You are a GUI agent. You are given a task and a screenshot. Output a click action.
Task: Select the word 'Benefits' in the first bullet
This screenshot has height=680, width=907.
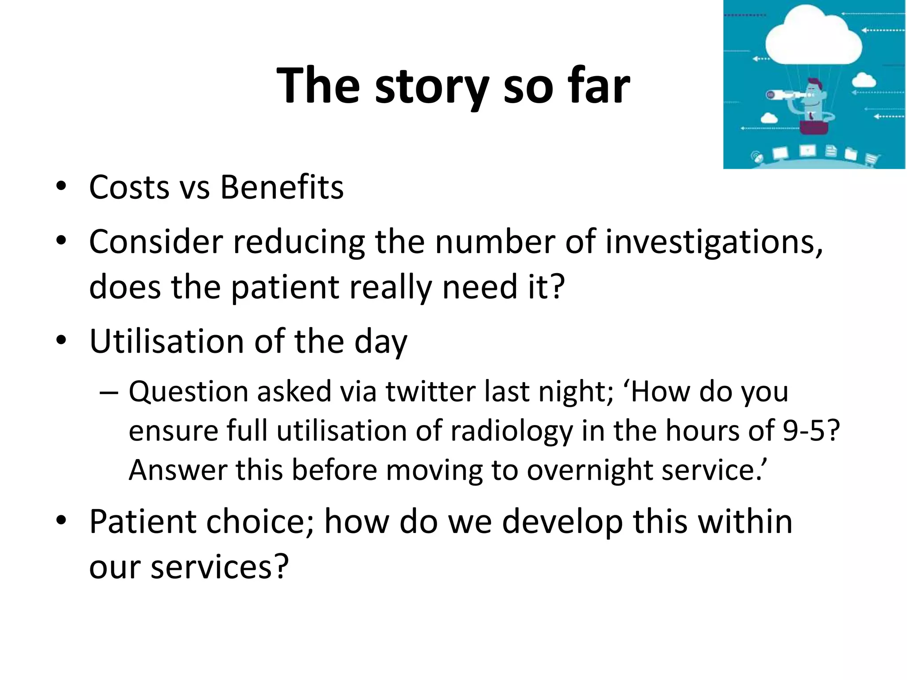click(x=282, y=188)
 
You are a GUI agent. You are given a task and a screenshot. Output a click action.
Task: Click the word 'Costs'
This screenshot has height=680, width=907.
click(x=129, y=188)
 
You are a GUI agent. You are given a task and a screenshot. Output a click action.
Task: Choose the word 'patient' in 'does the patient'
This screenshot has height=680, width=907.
click(x=285, y=287)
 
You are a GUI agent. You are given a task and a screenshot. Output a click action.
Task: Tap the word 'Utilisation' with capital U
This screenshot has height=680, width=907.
click(x=167, y=342)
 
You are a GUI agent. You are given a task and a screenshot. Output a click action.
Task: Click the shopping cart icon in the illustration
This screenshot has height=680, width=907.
click(x=871, y=158)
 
